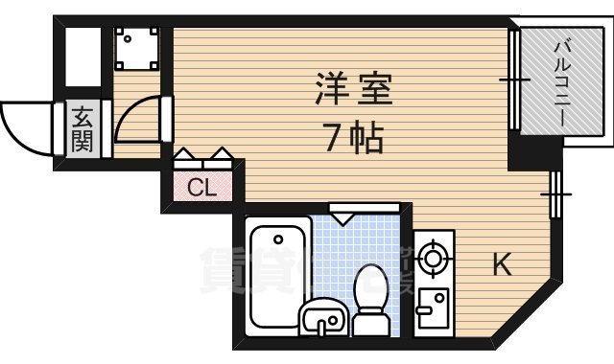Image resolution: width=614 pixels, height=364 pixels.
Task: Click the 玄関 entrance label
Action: [82, 129]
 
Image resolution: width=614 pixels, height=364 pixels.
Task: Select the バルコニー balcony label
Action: [564, 81]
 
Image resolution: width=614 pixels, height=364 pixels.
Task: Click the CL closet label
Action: [201, 186]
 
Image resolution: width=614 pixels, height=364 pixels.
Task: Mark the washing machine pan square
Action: [135, 47]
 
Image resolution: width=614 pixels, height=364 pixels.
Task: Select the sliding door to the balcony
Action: [515, 81]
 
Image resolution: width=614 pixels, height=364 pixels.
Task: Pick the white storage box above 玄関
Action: [83, 57]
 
